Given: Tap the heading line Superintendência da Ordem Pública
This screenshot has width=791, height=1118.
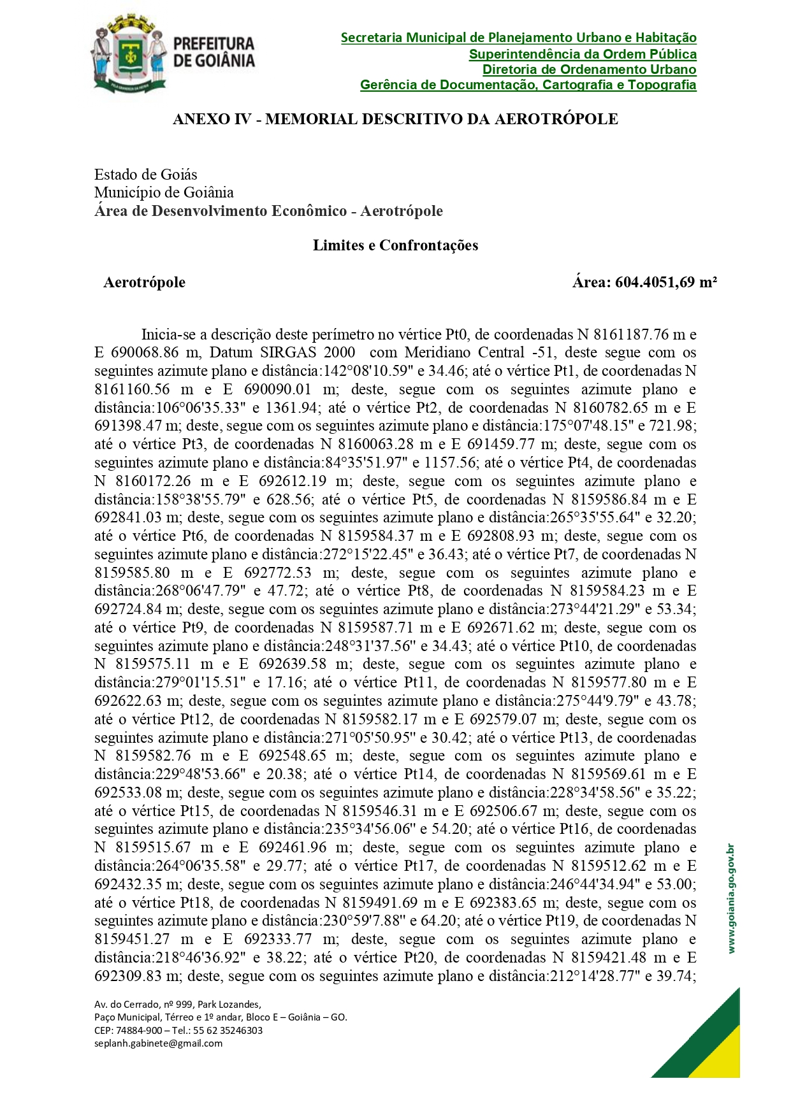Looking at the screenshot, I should [583, 54].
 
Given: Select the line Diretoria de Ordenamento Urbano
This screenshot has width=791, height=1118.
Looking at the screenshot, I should [589, 69].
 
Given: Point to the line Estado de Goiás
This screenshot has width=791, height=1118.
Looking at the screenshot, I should [146, 175].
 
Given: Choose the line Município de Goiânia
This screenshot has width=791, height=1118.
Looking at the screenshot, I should [164, 192].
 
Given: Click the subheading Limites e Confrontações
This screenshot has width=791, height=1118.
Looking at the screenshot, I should [395, 245].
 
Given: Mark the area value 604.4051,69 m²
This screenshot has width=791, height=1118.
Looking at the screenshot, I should [665, 282].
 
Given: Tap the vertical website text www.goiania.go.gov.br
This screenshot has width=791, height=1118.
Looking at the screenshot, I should [731, 898].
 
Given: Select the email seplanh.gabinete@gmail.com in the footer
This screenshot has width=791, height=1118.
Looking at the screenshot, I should [159, 1043].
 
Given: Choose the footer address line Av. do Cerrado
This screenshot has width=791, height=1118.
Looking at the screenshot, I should [178, 1005].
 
